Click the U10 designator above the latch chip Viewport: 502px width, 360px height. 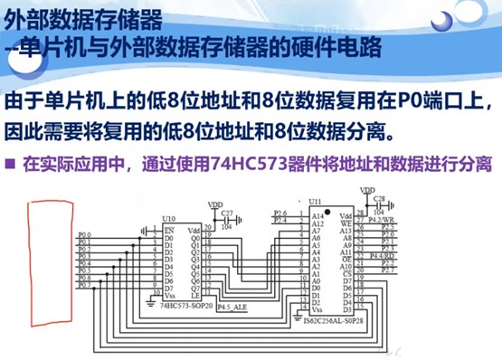coord(168,219)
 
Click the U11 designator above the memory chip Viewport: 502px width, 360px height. coord(315,201)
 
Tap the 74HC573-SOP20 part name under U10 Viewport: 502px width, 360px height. coord(188,308)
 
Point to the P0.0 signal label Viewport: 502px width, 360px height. coord(84,236)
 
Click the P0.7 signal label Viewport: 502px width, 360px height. coord(84,285)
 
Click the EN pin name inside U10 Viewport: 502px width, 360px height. coord(167,230)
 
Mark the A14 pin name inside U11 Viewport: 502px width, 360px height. coord(316,217)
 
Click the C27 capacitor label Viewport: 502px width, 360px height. coord(226,214)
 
